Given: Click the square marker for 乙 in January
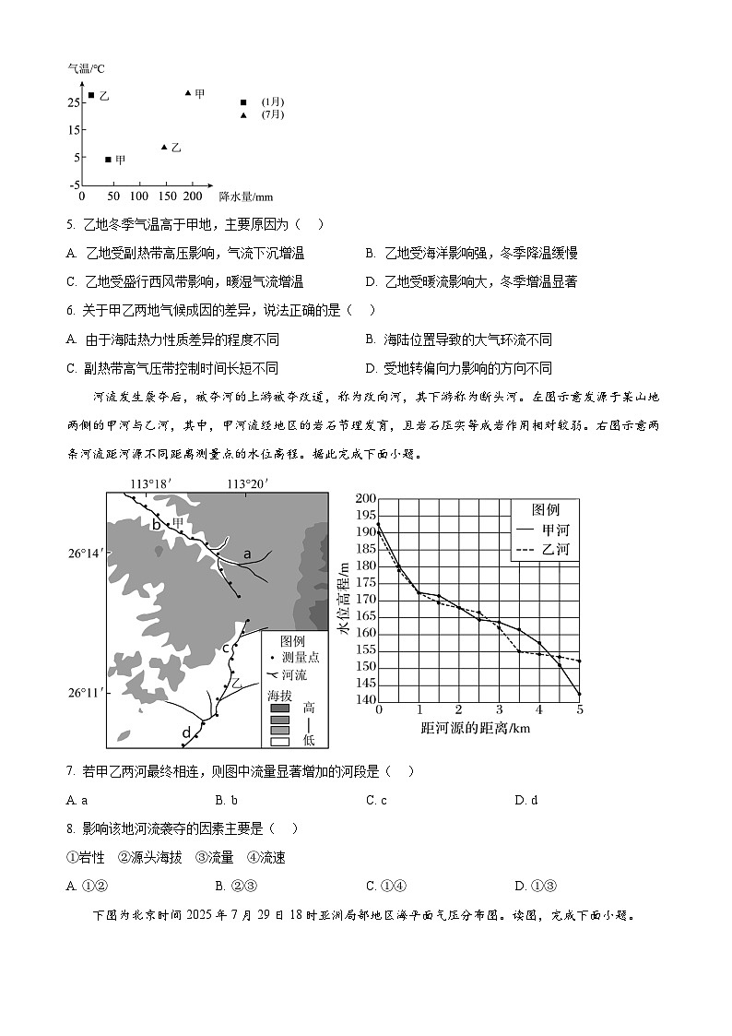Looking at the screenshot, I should coord(90,95).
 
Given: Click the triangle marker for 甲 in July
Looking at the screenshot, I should coord(188,92).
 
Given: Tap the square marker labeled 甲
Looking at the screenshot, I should coord(108,160).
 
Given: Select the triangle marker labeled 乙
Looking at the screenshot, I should coord(164,148).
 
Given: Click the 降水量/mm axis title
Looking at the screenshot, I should coord(245,196).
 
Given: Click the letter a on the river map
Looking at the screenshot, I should coord(246,554).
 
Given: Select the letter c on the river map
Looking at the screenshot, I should coord(225,648).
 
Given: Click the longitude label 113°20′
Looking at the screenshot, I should coord(246,483).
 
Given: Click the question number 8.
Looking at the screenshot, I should coord(71,828).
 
